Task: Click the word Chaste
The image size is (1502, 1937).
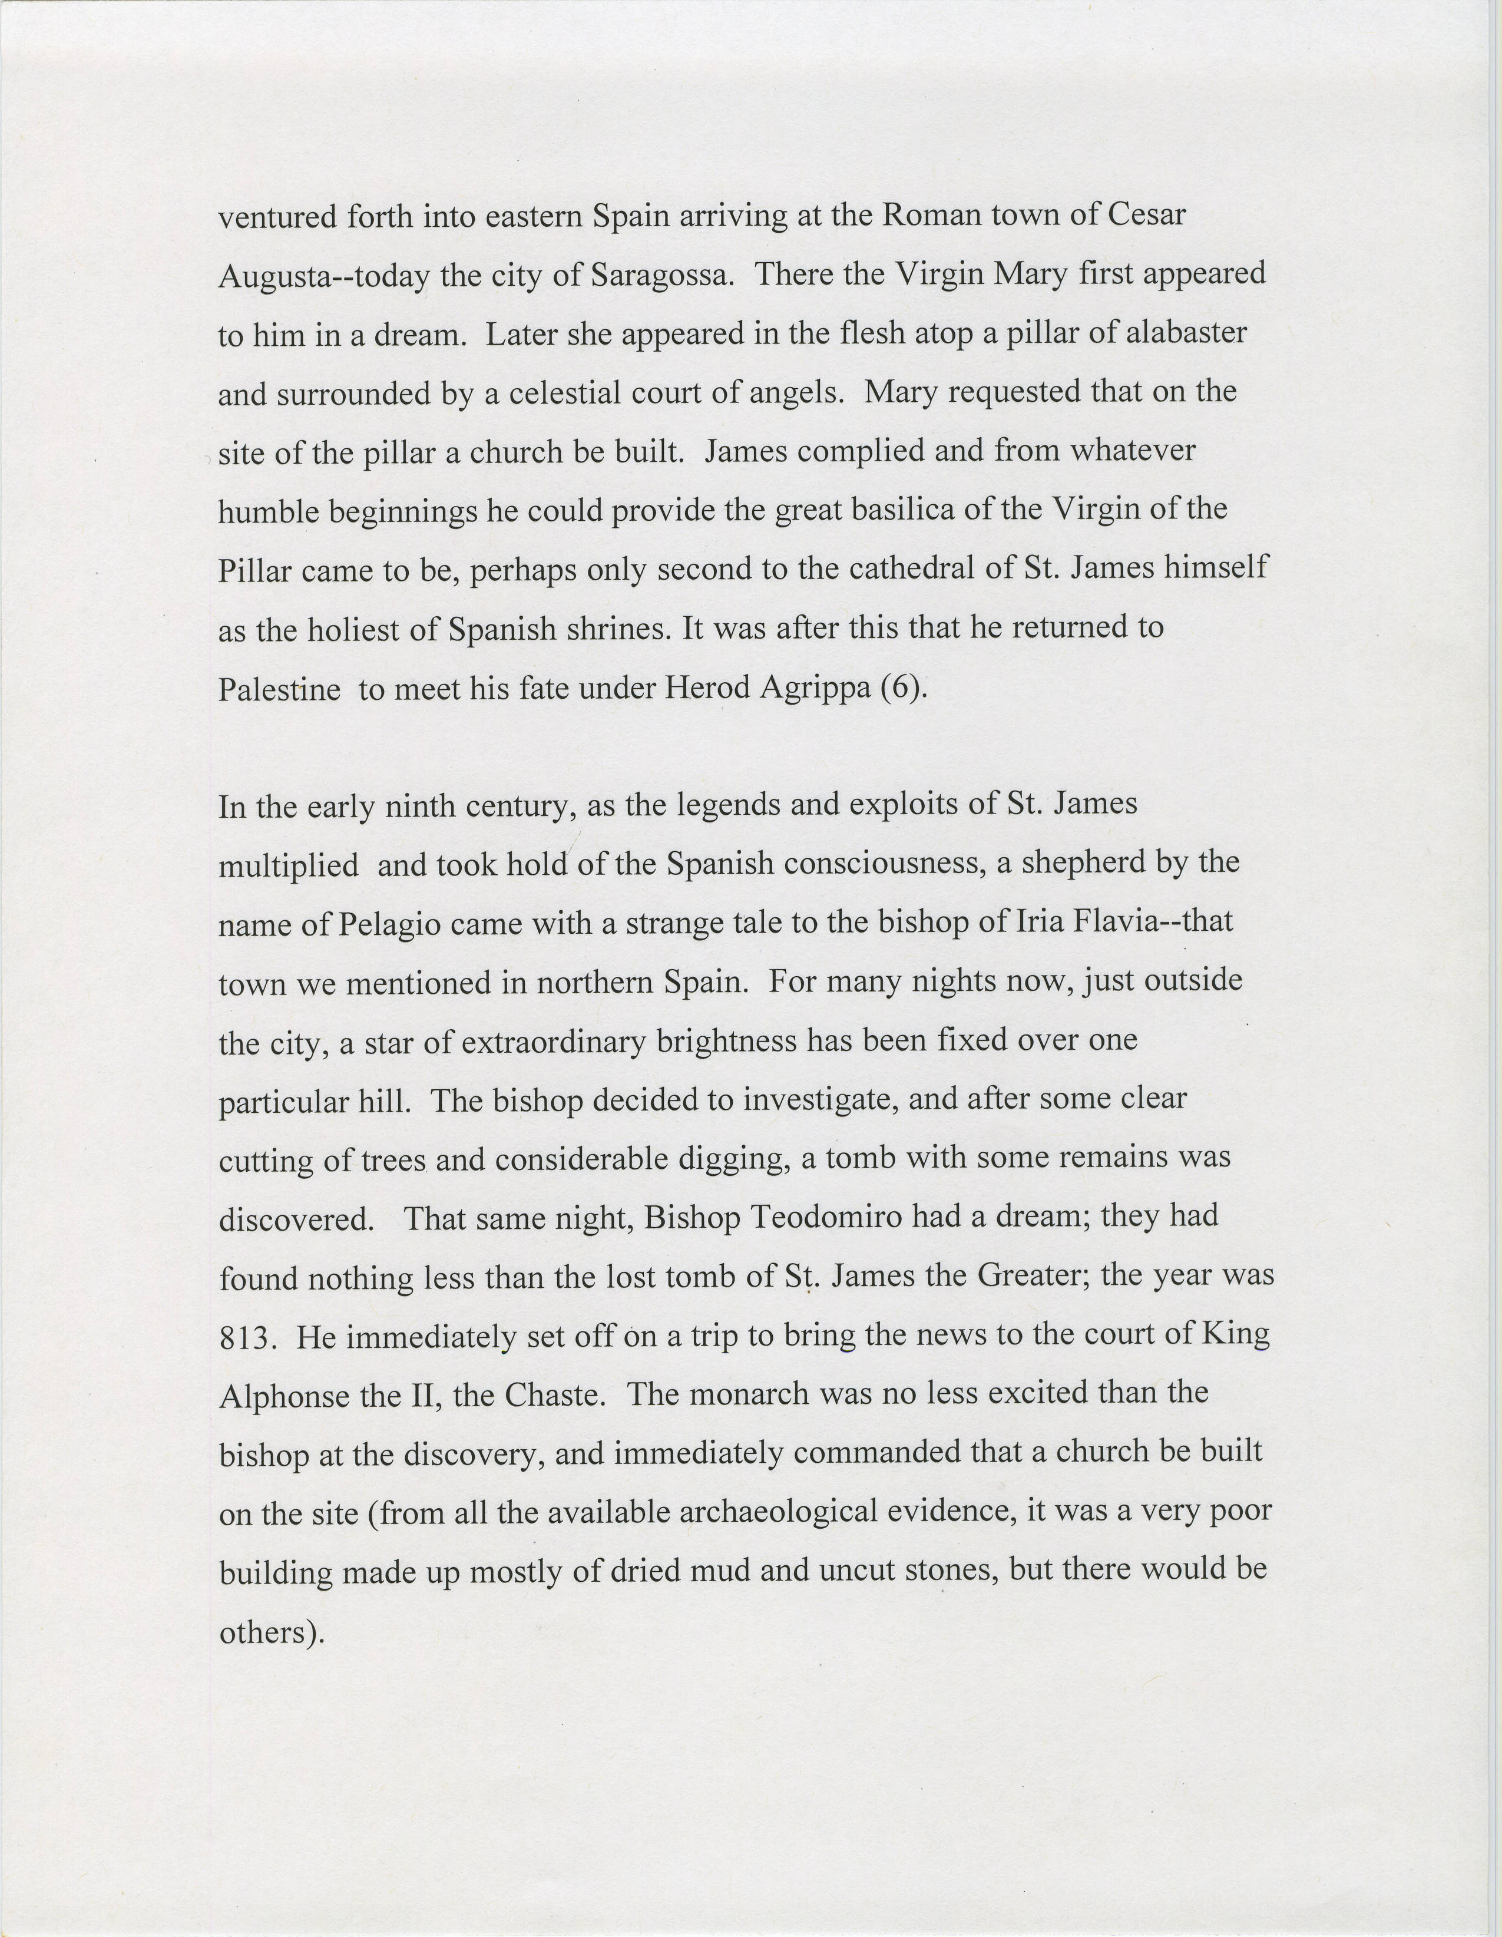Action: pyautogui.click(x=555, y=1396)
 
